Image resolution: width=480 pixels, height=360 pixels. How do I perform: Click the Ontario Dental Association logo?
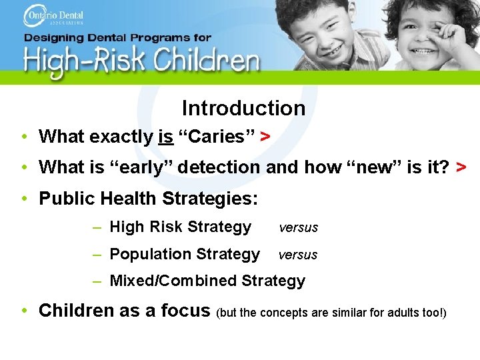(53, 16)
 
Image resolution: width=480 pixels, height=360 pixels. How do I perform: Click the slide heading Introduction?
(243, 108)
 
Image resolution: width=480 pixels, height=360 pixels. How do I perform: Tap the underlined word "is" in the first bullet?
(166, 137)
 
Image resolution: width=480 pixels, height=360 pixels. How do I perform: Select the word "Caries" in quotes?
(213, 137)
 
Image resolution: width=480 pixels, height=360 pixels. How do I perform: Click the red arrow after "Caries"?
(265, 137)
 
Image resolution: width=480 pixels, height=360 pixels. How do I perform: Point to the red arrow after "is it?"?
(461, 167)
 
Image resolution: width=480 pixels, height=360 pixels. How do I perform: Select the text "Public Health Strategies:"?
(149, 199)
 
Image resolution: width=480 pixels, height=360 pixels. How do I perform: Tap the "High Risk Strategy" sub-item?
(180, 227)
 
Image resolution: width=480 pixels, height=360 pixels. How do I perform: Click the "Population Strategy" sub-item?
(184, 254)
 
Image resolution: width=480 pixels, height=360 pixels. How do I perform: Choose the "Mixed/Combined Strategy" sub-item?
(207, 281)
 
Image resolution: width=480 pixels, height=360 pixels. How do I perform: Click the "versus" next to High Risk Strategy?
(298, 228)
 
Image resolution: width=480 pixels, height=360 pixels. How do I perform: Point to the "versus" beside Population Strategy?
(298, 255)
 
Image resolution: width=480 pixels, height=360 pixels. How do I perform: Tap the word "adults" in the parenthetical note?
(405, 313)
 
